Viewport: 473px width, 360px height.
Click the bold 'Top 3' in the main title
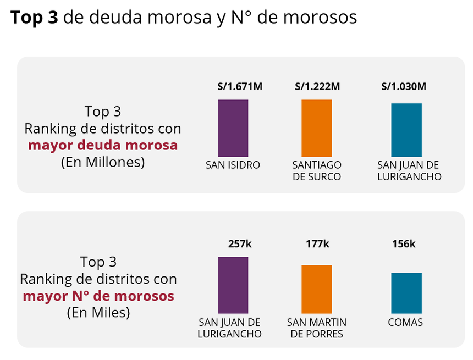pyautogui.click(x=34, y=18)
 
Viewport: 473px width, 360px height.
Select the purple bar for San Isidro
pyautogui.click(x=233, y=128)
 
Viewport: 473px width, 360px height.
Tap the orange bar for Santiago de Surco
pyautogui.click(x=316, y=128)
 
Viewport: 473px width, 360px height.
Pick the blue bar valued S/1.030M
pyautogui.click(x=406, y=130)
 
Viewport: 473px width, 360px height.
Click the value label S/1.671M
pyautogui.click(x=240, y=86)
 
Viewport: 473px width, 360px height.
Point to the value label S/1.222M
pyautogui.click(x=317, y=86)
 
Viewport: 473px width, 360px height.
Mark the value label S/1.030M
pyautogui.click(x=404, y=86)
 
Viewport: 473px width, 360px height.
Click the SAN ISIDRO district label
pyautogui.click(x=233, y=165)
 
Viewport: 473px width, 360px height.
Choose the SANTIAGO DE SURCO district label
pyautogui.click(x=316, y=171)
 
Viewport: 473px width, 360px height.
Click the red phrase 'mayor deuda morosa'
pyautogui.click(x=103, y=145)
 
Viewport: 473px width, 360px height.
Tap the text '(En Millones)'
pyautogui.click(x=103, y=162)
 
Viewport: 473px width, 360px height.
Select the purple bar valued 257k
pyautogui.click(x=233, y=285)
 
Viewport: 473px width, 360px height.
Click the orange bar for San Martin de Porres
pyautogui.click(x=316, y=289)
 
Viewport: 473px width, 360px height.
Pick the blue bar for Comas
pyautogui.click(x=406, y=293)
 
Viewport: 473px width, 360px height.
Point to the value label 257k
pyautogui.click(x=239, y=244)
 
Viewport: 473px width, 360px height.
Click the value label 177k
pyautogui.click(x=317, y=244)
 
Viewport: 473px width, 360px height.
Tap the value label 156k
pyautogui.click(x=404, y=244)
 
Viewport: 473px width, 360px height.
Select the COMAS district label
pyautogui.click(x=405, y=323)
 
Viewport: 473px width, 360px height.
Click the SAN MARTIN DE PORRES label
pyautogui.click(x=316, y=328)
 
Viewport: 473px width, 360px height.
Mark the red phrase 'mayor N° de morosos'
pyautogui.click(x=98, y=296)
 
